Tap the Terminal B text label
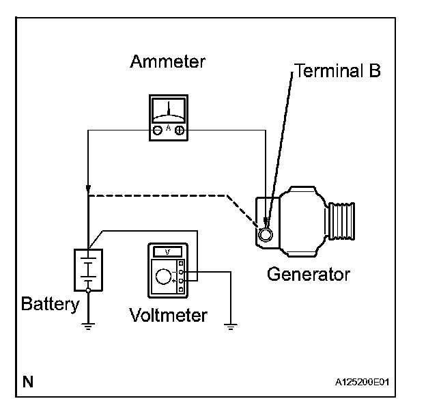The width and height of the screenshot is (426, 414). (337, 70)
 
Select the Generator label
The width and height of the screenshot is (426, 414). (308, 275)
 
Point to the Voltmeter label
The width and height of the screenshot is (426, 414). (168, 315)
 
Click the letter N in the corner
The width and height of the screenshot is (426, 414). (28, 381)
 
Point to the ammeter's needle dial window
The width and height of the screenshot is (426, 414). (169, 109)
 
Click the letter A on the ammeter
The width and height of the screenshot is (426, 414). (169, 128)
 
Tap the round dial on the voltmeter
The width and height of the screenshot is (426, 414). (164, 276)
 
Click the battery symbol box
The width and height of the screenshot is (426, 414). (89, 271)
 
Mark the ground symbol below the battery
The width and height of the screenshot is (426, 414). (89, 326)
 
